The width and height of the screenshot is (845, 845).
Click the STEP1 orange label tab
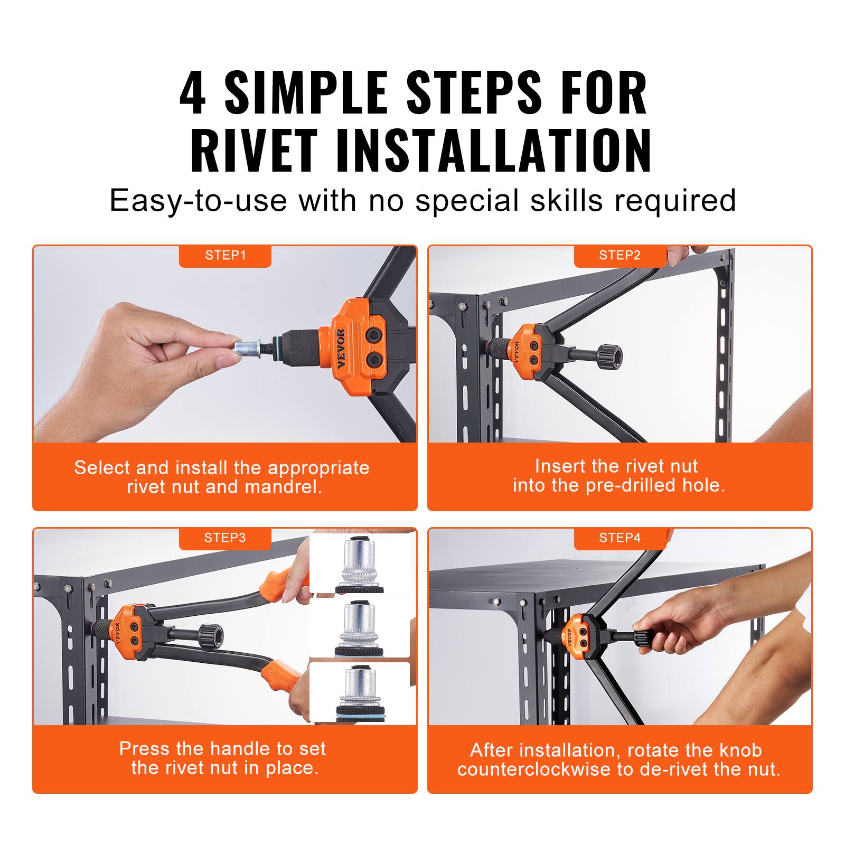click(x=225, y=256)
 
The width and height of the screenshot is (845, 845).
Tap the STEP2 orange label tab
click(x=619, y=256)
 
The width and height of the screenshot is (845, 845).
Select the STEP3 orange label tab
click(x=225, y=538)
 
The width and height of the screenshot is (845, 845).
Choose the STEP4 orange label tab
click(x=619, y=538)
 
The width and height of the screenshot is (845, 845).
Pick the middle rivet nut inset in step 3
click(x=360, y=628)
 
